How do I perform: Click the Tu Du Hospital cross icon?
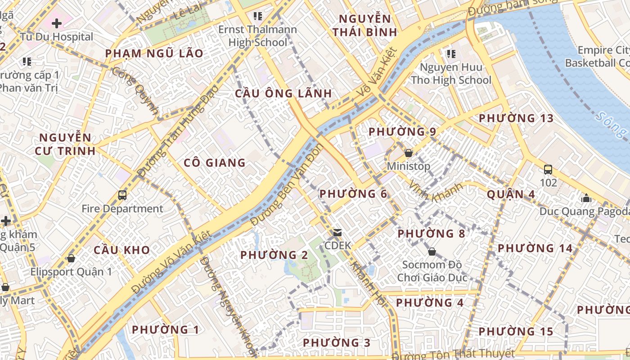[56, 23]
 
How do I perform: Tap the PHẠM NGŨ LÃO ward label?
[154, 54]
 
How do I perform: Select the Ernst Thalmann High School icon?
[257, 17]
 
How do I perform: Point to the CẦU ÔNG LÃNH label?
[283, 94]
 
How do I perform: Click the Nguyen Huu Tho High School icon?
[451, 54]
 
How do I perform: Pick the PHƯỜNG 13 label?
[516, 118]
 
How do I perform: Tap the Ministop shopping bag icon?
[409, 153]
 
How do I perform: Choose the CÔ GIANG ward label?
[215, 163]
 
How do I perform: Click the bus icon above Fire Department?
[122, 195]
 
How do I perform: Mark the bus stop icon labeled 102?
[548, 170]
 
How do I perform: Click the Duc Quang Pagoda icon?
[586, 198]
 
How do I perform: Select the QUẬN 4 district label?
[511, 194]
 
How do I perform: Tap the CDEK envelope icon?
[337, 233]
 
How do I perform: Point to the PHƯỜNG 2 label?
[274, 255]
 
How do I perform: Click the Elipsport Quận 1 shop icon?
[71, 259]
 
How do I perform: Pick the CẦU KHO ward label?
[121, 250]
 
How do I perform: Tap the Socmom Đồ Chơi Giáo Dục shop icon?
[432, 252]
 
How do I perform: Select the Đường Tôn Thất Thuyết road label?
[452, 354]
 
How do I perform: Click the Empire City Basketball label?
[597, 56]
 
